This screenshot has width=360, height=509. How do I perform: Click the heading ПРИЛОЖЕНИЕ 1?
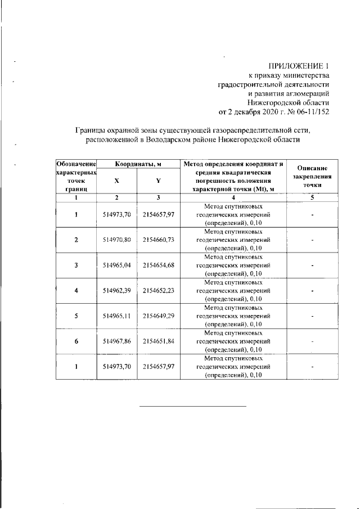[299, 66]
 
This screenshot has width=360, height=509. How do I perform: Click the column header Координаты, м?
[138, 164]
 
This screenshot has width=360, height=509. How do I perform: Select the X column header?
[116, 181]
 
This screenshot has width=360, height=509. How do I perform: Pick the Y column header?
[158, 181]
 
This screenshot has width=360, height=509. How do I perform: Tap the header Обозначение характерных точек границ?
[76, 176]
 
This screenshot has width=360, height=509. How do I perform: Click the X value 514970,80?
[117, 240]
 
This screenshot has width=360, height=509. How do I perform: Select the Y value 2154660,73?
[159, 240]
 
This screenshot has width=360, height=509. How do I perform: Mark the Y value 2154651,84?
[159, 341]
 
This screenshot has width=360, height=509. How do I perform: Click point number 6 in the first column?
[76, 341]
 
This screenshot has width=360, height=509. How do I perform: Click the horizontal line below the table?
[192, 406]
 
